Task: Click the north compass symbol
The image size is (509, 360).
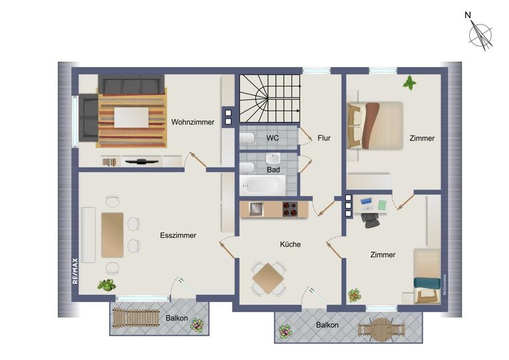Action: click(x=481, y=34)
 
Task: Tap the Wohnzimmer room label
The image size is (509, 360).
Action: click(x=192, y=122)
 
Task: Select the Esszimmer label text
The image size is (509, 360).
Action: click(x=178, y=235)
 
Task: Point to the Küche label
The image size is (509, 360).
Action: click(x=290, y=244)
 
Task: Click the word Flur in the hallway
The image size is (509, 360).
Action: click(x=323, y=138)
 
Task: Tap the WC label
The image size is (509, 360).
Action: click(x=272, y=138)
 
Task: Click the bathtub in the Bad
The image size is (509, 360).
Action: click(x=262, y=184)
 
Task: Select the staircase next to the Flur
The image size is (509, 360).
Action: click(x=269, y=97)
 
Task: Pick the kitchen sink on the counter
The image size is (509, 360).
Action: click(x=256, y=209)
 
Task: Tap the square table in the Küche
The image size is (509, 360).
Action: click(x=269, y=278)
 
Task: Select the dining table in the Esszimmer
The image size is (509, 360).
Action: click(x=112, y=235)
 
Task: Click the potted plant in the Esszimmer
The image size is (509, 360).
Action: click(x=106, y=284)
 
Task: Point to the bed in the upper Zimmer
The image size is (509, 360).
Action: click(x=376, y=125)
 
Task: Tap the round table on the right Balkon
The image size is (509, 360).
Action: click(x=380, y=329)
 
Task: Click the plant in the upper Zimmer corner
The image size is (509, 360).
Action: click(x=410, y=83)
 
